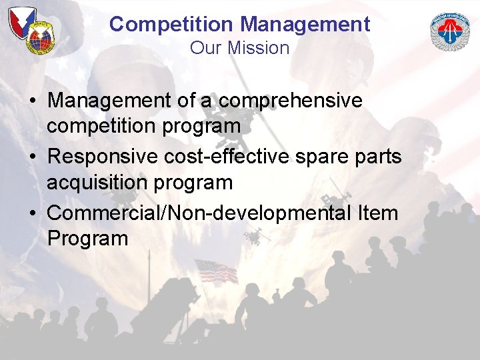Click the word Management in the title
point(305,25)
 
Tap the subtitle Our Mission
point(239,48)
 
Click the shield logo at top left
point(30,30)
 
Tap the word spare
point(323,157)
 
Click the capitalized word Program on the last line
point(87,238)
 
